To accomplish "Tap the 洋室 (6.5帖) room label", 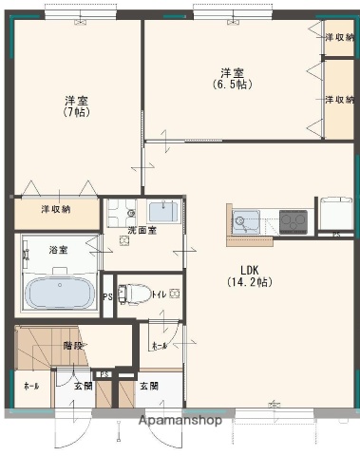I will click(x=231, y=78).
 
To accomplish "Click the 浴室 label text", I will click(x=58, y=250).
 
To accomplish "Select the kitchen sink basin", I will click(x=246, y=222).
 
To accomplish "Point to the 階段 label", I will click(x=73, y=346).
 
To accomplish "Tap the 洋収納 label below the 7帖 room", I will click(x=55, y=209).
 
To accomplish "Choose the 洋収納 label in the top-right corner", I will click(x=339, y=37).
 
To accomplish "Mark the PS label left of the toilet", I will click(x=106, y=295).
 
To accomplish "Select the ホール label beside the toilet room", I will click(x=158, y=346).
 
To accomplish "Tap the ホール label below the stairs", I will click(x=31, y=386).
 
